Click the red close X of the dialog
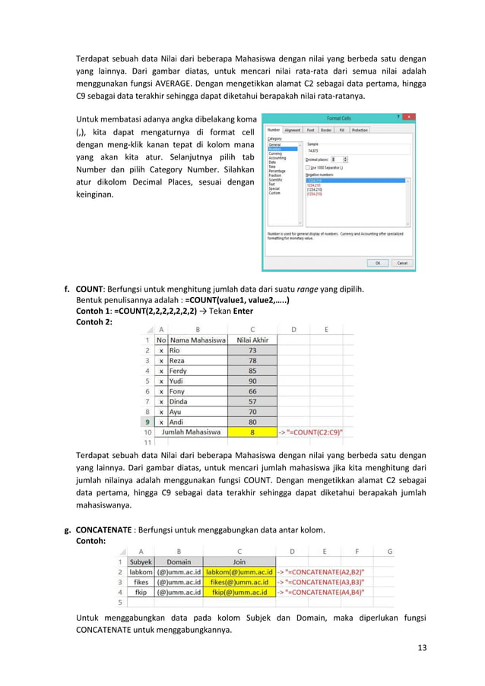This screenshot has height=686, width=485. pos(409,118)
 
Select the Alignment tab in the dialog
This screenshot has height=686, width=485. pos(292,130)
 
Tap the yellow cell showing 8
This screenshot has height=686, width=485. pos(252,432)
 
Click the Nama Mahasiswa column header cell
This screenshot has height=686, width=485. pos(197,340)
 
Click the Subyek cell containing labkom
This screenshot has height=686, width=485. pos(140,571)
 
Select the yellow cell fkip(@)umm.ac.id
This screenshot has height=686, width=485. pos(239,592)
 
